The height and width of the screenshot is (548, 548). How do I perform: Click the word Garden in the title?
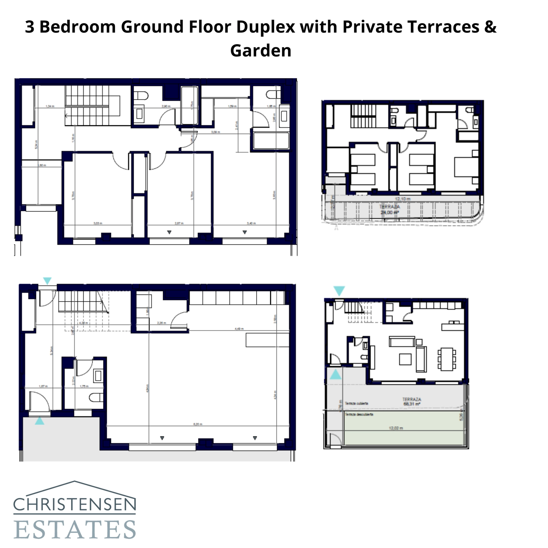261,51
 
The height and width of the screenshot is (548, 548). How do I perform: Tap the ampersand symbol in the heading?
490,27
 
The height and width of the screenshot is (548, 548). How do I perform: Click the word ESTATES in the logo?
75,530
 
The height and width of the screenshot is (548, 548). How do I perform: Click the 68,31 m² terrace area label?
411,404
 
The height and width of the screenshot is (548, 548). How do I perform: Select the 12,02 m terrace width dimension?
396,428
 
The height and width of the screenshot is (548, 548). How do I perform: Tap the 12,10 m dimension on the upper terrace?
402,199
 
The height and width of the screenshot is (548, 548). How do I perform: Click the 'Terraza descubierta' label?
359,414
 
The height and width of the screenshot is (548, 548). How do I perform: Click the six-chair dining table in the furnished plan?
447,359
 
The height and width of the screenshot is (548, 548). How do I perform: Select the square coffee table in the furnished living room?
405,359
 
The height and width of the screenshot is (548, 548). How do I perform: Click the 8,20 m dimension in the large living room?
198,424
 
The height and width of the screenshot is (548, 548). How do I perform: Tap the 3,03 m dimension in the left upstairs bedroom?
98,223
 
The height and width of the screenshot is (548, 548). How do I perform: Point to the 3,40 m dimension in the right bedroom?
251,223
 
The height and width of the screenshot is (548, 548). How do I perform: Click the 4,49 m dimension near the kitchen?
239,329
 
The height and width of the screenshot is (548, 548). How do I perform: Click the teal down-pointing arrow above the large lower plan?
47,281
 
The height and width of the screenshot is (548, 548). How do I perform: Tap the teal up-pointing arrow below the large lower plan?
40,421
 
